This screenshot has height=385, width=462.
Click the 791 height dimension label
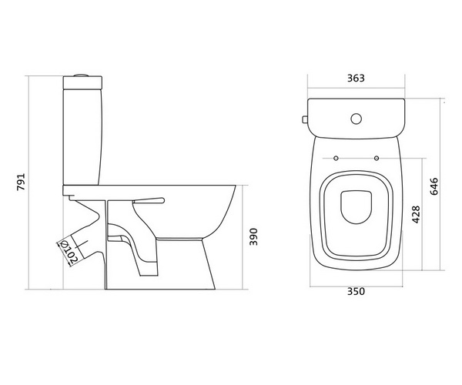tap(21, 182)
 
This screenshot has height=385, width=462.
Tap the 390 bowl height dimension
tap(253, 236)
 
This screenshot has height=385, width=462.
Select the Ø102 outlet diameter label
tap(69, 252)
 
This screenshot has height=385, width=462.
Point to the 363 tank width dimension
tap(356, 78)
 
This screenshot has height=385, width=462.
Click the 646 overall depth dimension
tap(434, 186)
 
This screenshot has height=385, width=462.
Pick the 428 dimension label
tap(416, 215)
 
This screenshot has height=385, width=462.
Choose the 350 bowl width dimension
tap(356, 291)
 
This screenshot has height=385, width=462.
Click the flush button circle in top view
tap(357, 119)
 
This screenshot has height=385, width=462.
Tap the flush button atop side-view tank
tap(82, 75)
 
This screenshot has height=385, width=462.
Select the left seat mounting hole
tap(336, 158)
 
